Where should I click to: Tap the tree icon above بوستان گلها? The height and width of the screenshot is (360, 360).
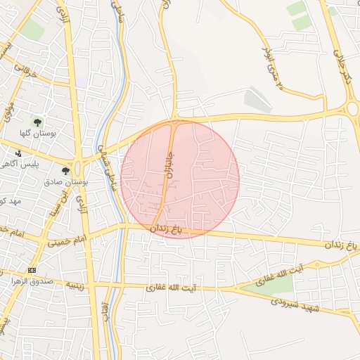37,122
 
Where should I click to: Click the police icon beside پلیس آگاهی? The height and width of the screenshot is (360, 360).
18,153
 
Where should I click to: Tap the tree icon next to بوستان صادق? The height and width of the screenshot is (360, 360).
66,171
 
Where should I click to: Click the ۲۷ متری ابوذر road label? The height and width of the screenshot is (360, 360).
272,66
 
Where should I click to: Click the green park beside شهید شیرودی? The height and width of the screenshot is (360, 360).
271,284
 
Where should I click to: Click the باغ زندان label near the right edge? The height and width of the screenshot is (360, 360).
340,244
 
